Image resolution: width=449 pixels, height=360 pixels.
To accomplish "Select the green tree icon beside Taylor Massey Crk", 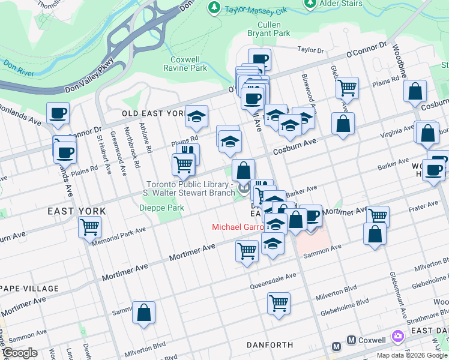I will click(213, 7).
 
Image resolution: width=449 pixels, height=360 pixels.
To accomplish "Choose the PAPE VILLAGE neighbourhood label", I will click(29, 289).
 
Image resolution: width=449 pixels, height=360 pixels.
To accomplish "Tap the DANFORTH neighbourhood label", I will click(270, 345).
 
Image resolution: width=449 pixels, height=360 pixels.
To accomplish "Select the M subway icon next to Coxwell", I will click(337, 346).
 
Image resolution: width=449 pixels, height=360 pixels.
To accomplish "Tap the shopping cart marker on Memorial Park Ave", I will click(89, 227).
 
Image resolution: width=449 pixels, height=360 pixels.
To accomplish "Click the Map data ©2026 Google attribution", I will click(412, 355).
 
